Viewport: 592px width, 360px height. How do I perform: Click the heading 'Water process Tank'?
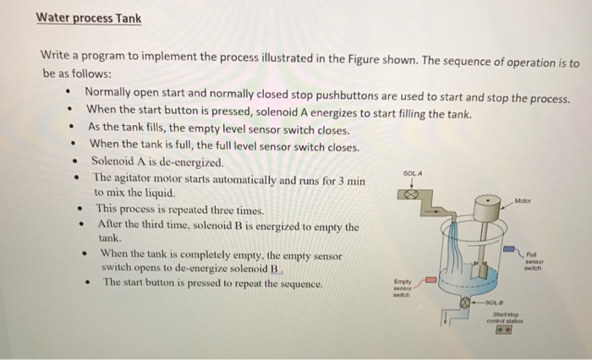[x=90, y=18]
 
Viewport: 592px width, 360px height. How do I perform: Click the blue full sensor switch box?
[x=510, y=250]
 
